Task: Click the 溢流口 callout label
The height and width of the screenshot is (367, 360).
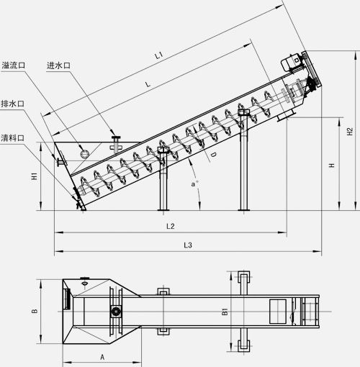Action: (14, 65)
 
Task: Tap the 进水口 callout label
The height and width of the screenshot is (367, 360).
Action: (58, 65)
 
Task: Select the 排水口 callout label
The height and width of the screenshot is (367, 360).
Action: (13, 104)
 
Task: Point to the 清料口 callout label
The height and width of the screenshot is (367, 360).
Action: (13, 138)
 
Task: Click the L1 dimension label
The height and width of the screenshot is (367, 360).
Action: (159, 55)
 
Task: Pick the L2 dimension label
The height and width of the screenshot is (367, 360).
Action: (171, 226)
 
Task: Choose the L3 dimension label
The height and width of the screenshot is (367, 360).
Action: (188, 245)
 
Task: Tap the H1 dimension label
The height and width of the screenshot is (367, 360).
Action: (35, 176)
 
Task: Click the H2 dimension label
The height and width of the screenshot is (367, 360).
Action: (350, 132)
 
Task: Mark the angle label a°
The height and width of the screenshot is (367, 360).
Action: (194, 184)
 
